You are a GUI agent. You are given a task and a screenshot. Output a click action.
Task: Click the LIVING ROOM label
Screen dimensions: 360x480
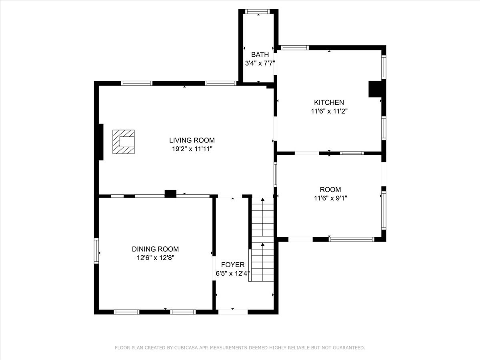192,140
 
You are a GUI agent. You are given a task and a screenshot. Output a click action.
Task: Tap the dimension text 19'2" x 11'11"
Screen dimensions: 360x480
192,149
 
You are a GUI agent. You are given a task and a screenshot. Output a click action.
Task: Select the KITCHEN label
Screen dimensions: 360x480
329,103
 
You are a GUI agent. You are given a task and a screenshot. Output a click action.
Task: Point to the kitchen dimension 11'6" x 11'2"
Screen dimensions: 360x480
329,112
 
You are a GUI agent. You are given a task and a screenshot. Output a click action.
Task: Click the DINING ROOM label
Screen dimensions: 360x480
155,249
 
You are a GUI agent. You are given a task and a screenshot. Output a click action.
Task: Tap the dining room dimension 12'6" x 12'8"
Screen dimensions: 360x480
155,258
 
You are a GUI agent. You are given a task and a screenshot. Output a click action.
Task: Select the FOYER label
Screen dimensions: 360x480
232,265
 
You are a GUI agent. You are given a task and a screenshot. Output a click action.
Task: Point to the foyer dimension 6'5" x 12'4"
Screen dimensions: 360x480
232,274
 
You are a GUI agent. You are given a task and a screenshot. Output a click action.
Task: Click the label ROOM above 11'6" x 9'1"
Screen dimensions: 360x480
330,190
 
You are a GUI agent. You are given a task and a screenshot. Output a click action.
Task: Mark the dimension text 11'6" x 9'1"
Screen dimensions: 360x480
330,198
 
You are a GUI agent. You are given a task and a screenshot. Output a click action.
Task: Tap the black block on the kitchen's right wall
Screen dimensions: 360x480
375,89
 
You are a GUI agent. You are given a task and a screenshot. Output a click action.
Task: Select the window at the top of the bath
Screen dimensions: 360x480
258,11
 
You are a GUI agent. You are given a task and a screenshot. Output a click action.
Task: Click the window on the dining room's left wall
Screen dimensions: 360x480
96,251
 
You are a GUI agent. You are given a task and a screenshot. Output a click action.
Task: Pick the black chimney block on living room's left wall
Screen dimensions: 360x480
101,142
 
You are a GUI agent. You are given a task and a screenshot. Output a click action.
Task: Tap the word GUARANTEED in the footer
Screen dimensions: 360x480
348,348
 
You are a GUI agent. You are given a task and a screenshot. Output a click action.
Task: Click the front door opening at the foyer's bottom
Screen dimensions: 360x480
233,312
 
